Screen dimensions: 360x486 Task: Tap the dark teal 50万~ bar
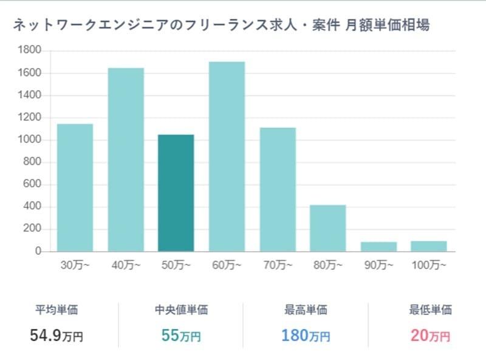coord(176,193)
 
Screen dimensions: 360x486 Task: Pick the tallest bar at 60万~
coord(227,156)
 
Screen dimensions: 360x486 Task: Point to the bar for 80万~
coord(328,228)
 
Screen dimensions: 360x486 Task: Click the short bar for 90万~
coord(378,246)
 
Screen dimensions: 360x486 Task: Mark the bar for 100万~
coord(429,246)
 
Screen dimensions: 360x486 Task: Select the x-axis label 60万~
coord(227,265)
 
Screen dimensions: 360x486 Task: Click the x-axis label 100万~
coord(429,265)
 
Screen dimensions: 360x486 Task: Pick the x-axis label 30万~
coord(75,265)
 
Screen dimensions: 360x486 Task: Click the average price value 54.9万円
coord(56,334)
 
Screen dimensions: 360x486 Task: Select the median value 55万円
coord(181,334)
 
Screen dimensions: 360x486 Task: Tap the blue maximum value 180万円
coord(306,334)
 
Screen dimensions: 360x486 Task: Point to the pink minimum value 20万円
coord(431,334)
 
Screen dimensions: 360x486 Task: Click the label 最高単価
coord(306,310)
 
